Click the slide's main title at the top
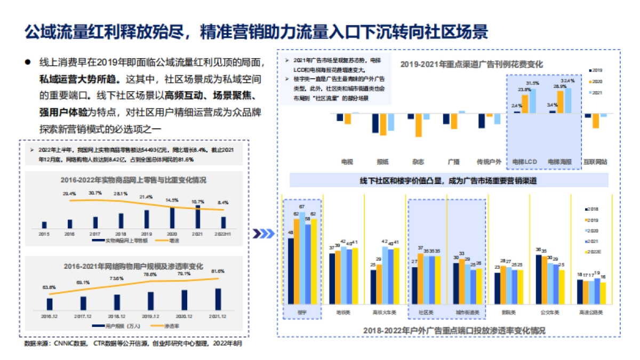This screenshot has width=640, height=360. (256, 31)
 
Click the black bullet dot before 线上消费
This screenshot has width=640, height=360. (27, 62)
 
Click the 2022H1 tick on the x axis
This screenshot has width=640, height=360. (223, 234)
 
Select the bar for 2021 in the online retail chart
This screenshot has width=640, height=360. (198, 217)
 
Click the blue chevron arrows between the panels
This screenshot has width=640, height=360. (263, 233)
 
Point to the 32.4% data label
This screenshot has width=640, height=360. (568, 81)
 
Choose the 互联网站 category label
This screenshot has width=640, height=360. (595, 161)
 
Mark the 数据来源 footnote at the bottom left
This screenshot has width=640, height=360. (133, 344)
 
